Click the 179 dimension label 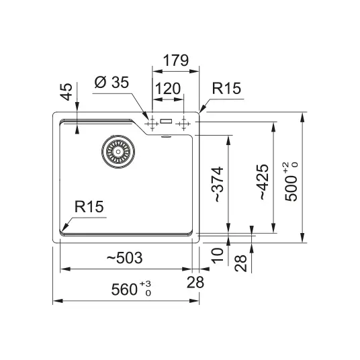(x=176, y=60)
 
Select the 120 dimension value (x=168, y=89)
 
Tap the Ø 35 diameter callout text (x=111, y=82)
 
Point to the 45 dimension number (x=66, y=92)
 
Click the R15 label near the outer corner (x=226, y=88)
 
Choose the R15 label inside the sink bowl (x=89, y=206)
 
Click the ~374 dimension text (x=217, y=185)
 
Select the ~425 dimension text (x=263, y=182)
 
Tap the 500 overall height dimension (x=291, y=189)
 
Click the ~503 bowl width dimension (x=125, y=258)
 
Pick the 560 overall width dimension (x=124, y=289)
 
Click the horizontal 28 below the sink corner (x=195, y=282)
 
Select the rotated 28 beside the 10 (x=240, y=263)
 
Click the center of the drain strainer (x=118, y=152)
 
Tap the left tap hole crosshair (x=152, y=124)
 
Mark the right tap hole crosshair (x=183, y=124)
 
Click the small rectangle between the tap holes (x=166, y=121)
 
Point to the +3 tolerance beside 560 (x=146, y=284)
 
